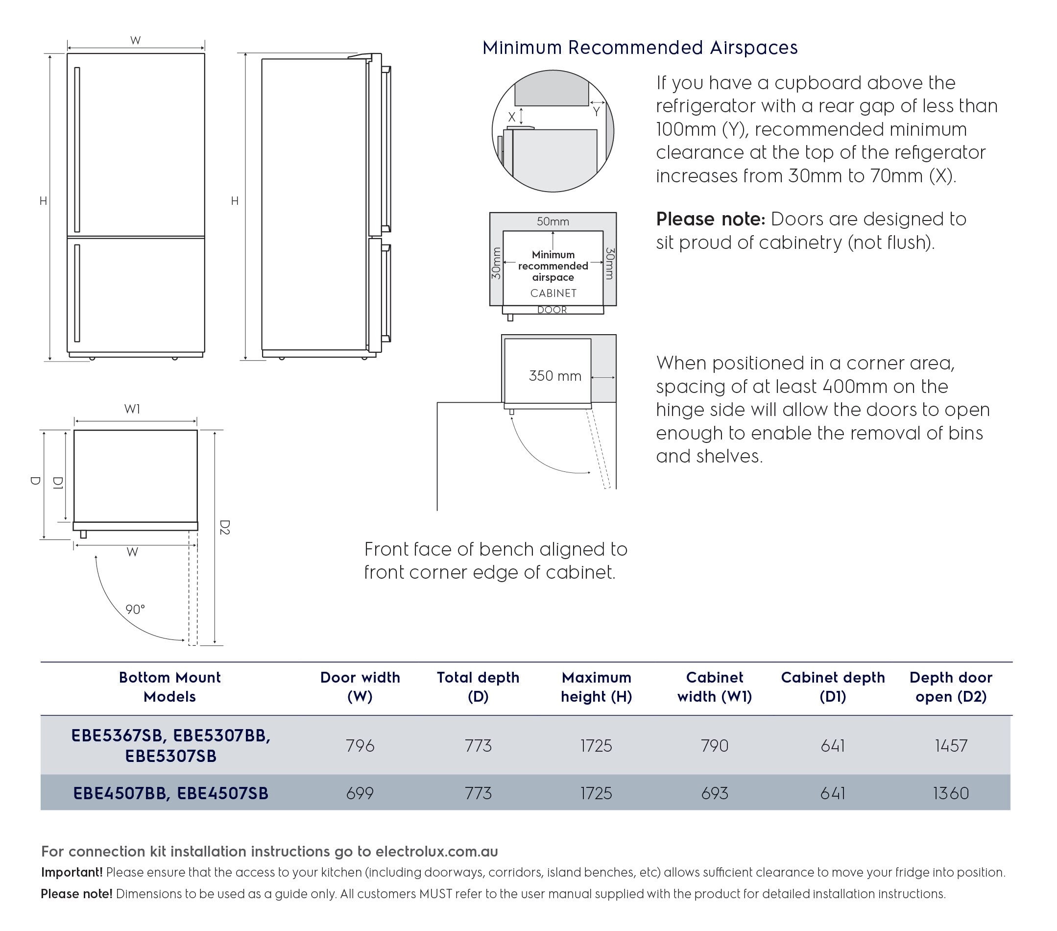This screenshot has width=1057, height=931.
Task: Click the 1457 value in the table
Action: pos(951,745)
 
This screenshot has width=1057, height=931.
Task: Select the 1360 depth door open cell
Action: pos(951,793)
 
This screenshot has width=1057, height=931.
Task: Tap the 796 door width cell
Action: pos(360,745)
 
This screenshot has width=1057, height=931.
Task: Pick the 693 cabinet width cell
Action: pos(714,793)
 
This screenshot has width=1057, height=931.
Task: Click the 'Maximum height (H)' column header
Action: pos(596,687)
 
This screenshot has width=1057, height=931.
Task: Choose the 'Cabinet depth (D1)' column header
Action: pos(833,687)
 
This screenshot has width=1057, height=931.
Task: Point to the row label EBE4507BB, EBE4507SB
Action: pos(170,793)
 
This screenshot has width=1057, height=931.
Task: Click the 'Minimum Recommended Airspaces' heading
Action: pos(640,48)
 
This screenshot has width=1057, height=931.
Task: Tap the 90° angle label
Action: pos(135,609)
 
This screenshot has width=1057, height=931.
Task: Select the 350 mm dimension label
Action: pos(555,375)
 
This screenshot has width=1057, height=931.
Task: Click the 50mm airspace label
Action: pos(553,221)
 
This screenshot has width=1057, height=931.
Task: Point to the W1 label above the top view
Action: pos(132,409)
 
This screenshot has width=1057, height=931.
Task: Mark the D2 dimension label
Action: pos(224,527)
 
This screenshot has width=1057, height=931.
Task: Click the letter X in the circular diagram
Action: pos(511,117)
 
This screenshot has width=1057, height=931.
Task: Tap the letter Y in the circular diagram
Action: pos(596,111)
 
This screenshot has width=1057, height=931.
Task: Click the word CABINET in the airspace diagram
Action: pos(553,293)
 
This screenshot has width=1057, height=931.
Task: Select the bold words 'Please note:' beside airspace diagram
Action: pos(710,220)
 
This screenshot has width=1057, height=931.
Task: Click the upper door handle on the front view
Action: pos(77,149)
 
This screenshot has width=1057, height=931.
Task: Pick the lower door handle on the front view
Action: pos(77,293)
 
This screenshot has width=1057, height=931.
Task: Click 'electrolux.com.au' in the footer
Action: pos(436,851)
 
